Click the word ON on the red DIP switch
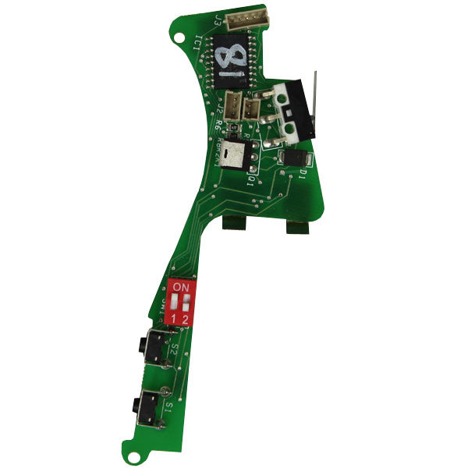click(180, 288)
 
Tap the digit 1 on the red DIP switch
click(172, 318)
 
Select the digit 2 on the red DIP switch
click(185, 318)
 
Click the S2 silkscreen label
click(173, 352)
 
